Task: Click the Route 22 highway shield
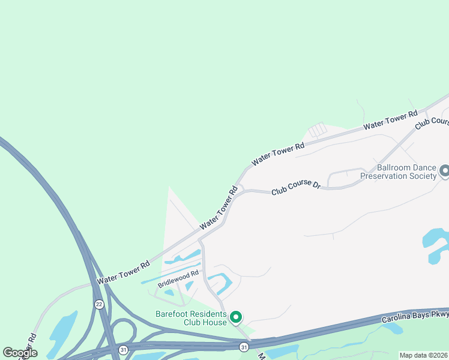click(x=98, y=305)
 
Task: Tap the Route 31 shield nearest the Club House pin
click(x=244, y=347)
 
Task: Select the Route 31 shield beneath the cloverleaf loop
click(x=124, y=349)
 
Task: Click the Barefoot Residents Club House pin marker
click(x=236, y=316)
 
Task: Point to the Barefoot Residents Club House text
click(x=191, y=318)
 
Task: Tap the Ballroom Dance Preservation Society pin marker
click(x=444, y=172)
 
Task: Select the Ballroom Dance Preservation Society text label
click(x=399, y=172)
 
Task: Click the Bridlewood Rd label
click(x=178, y=279)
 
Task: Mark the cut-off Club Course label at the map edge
click(x=432, y=122)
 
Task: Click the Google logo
click(x=20, y=353)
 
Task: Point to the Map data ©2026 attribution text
click(x=423, y=355)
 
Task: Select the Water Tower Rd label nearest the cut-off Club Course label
click(x=390, y=120)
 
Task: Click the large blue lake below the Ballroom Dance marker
click(x=437, y=240)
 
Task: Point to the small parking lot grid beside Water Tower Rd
click(x=317, y=130)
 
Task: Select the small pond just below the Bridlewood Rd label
click(x=169, y=293)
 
